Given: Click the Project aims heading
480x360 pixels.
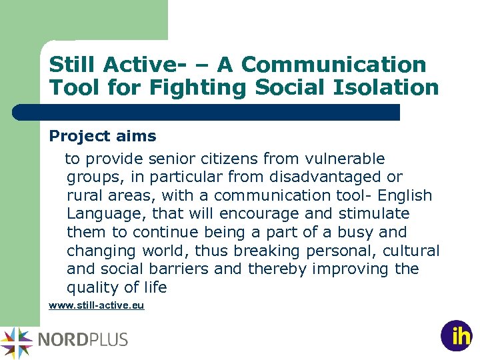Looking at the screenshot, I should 103,136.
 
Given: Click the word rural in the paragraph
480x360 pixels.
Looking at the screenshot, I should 84,195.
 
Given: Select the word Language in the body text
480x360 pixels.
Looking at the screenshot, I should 106,214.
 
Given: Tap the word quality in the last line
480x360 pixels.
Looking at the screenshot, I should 90,287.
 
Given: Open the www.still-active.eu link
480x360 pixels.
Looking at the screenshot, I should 96,306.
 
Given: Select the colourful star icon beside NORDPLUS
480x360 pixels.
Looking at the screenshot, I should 17,342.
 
